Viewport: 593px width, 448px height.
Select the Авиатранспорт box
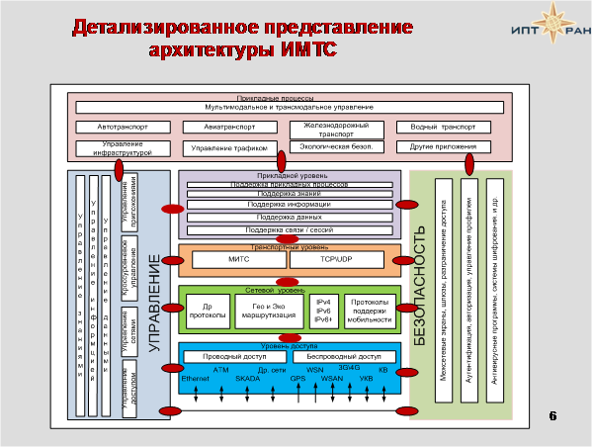coord(230,128)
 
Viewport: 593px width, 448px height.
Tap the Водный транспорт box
coord(443,128)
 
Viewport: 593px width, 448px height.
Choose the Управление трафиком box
coord(230,148)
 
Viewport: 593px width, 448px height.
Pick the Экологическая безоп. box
coord(335,146)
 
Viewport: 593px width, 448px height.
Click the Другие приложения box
coord(443,147)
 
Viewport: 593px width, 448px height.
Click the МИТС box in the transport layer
coord(238,259)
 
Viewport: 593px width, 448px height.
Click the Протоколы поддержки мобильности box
coord(369,313)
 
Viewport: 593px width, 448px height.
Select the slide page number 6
coord(552,415)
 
